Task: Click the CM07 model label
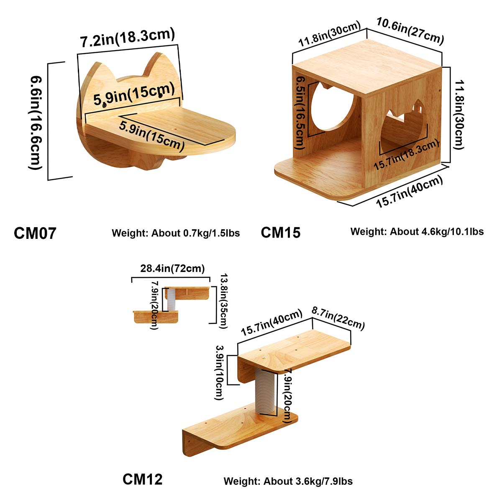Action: coord(35,233)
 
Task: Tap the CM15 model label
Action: coord(281,232)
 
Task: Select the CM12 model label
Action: coord(142,479)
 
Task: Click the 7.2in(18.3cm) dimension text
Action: coord(127,38)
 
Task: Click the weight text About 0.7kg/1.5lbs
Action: coord(176,233)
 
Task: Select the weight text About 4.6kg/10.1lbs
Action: coord(417,231)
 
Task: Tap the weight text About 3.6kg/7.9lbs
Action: coord(288,481)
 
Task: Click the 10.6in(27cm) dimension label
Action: coord(410,30)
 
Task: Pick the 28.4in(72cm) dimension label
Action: coord(172,269)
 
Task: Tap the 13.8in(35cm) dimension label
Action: coord(223,301)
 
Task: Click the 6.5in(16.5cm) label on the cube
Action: coord(300,112)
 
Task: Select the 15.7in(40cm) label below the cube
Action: coord(409,192)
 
